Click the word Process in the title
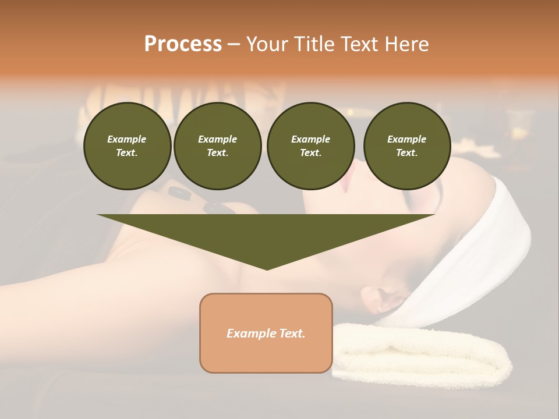point(183,44)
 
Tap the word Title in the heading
point(313,44)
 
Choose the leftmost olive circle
point(127,146)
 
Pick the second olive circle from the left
point(217,146)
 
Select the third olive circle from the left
point(310,146)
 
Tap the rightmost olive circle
point(406,146)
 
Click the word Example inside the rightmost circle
point(406,139)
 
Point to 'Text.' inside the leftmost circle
point(127,153)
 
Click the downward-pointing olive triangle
point(266,233)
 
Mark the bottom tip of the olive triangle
point(267,269)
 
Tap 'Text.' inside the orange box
point(292,333)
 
